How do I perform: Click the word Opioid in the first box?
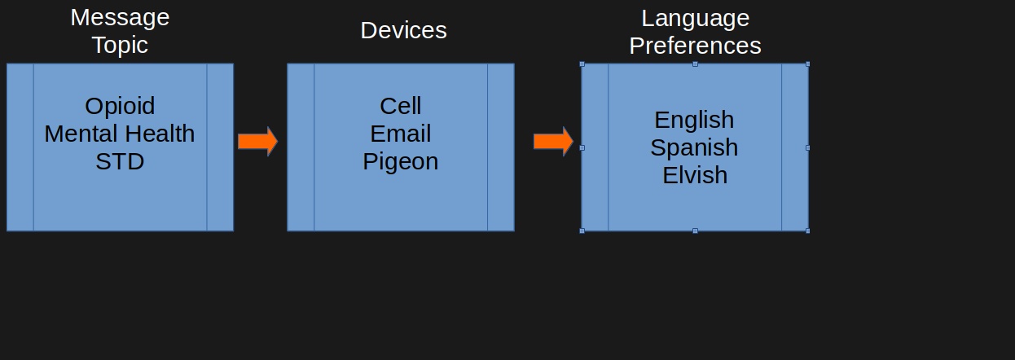[x=120, y=106]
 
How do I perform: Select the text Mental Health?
[x=120, y=134]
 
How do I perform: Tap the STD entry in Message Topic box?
[x=120, y=161]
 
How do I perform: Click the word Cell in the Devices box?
[x=401, y=106]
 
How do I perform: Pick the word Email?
[x=401, y=134]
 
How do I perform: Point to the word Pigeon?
[x=401, y=161]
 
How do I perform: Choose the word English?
[x=694, y=120]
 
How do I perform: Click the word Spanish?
[x=694, y=147]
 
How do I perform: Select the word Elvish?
[x=694, y=175]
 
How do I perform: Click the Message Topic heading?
[x=120, y=30]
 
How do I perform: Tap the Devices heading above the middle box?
[x=403, y=30]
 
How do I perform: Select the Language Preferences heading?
[x=695, y=31]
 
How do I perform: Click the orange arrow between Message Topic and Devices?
[x=257, y=141]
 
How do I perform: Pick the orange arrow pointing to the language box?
[x=553, y=141]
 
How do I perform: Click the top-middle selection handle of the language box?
[x=695, y=64]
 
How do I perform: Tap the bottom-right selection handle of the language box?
[x=807, y=230]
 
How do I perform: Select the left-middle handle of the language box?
[x=582, y=147]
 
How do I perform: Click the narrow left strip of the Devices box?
[x=301, y=147]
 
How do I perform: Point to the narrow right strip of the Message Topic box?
[x=220, y=147]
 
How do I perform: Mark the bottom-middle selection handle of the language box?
[x=695, y=230]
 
